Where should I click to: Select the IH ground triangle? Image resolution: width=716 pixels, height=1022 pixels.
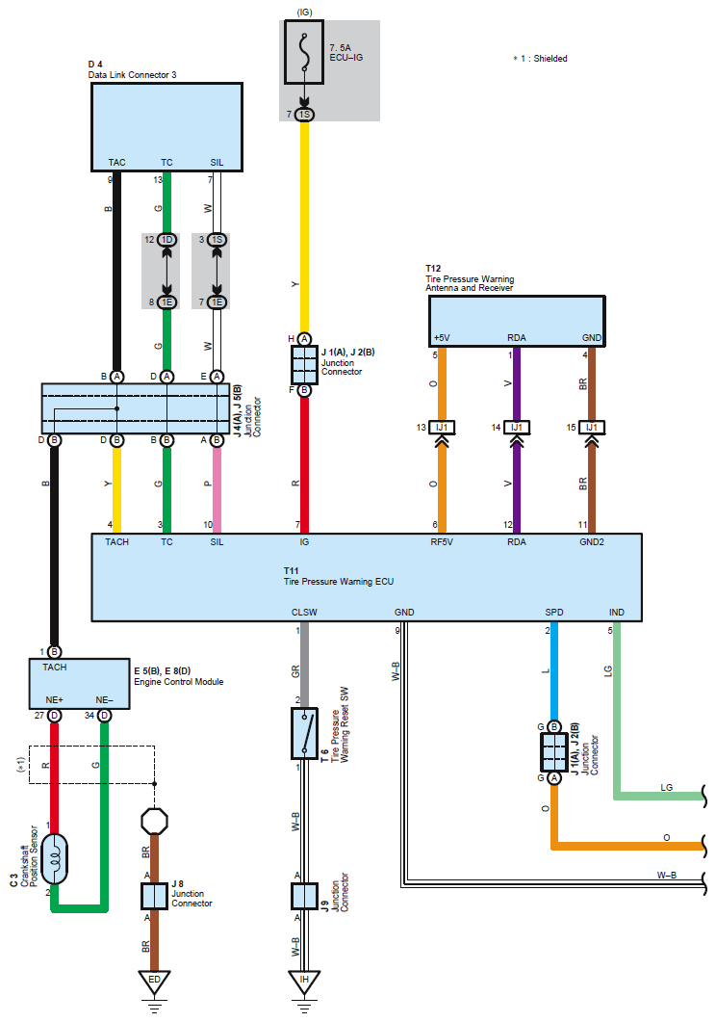pyautogui.click(x=303, y=981)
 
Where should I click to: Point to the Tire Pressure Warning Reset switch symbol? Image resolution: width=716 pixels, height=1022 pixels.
pyautogui.click(x=304, y=735)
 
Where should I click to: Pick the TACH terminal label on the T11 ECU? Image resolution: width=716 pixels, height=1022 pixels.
pyautogui.click(x=116, y=542)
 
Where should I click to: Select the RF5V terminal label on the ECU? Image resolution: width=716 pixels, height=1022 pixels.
pyautogui.click(x=442, y=542)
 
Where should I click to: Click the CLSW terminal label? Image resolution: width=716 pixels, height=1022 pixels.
pyautogui.click(x=304, y=613)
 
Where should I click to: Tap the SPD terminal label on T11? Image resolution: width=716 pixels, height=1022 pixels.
pyautogui.click(x=554, y=613)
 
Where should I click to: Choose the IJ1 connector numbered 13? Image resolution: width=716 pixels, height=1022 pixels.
pyautogui.click(x=444, y=427)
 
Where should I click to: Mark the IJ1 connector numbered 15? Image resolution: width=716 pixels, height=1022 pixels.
pyautogui.click(x=591, y=427)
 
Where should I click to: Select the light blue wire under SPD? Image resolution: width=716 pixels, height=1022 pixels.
pyautogui.click(x=554, y=674)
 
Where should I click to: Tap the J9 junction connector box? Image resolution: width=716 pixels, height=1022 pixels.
pyautogui.click(x=303, y=896)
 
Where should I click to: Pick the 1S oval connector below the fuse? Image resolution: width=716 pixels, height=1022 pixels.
pyautogui.click(x=304, y=116)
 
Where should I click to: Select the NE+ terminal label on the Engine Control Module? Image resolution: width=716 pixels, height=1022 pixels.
pyautogui.click(x=54, y=699)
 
